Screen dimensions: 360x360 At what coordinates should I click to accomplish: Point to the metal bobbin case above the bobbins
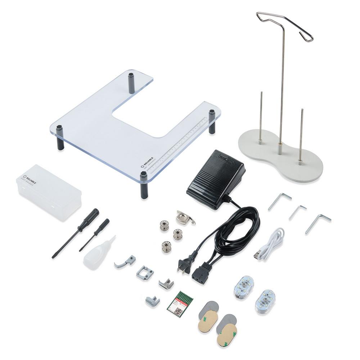coord(184,217)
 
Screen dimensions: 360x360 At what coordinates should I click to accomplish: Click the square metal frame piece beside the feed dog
coord(145,273)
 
